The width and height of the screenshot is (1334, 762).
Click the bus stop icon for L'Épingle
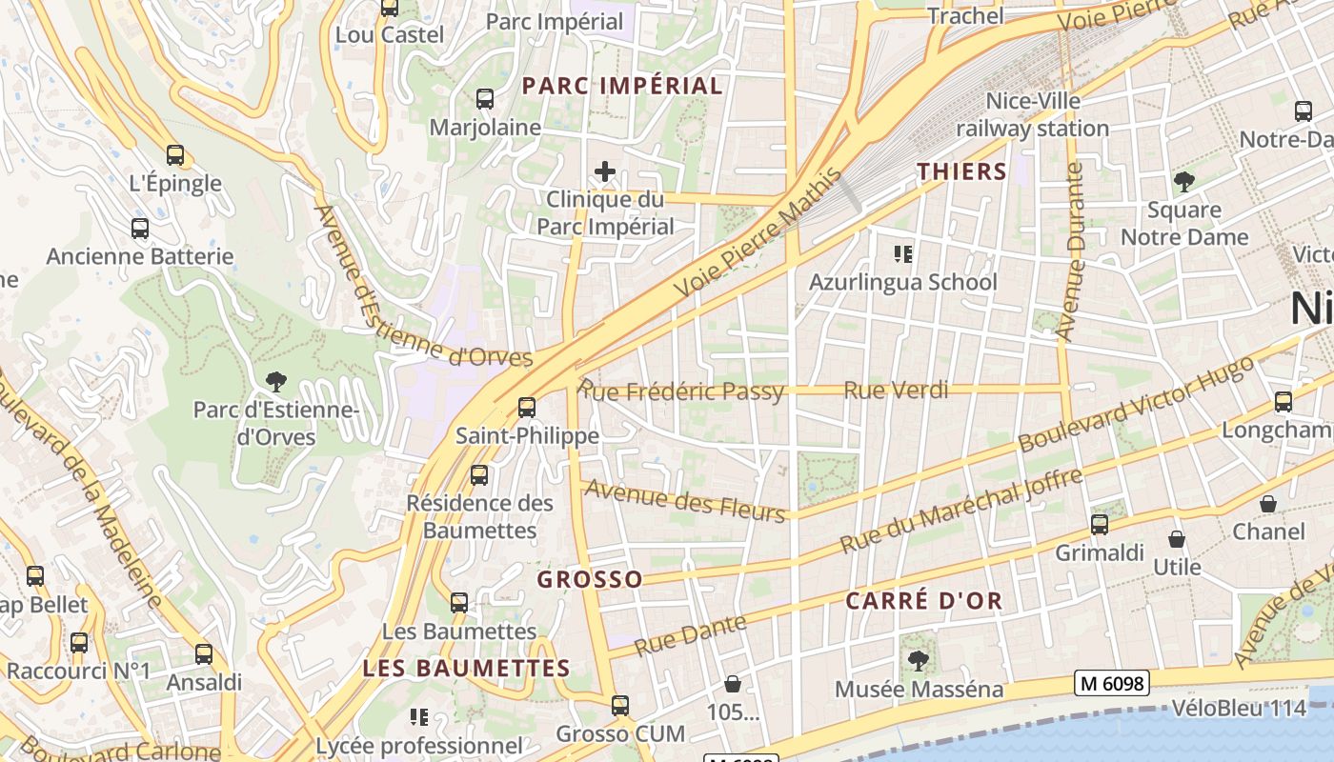click(174, 155)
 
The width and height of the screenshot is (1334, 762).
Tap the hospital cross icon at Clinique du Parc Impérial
click(605, 171)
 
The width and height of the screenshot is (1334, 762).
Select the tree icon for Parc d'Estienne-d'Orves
click(276, 382)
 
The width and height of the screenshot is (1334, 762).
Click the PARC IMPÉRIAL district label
click(622, 86)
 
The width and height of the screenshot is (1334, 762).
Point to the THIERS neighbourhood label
click(961, 171)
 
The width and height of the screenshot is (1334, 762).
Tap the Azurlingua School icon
click(902, 254)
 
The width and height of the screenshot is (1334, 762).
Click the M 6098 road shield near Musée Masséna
click(1112, 683)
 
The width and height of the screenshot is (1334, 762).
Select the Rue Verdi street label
click(896, 390)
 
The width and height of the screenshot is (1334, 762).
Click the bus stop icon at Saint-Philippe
click(527, 408)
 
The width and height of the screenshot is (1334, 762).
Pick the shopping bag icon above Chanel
click(1268, 504)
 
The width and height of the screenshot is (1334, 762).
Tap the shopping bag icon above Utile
click(1177, 539)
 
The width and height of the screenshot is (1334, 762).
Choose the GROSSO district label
click(590, 580)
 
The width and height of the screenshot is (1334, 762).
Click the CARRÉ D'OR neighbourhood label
click(923, 601)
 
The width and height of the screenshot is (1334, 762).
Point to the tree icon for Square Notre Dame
click(1183, 181)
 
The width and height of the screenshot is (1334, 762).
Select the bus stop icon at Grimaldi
click(1100, 525)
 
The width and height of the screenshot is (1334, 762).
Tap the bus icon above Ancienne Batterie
click(140, 229)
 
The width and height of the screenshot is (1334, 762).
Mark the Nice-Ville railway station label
click(1033, 114)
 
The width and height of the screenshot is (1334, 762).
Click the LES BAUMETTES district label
click(466, 669)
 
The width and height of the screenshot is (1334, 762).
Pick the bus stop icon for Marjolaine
click(485, 99)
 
